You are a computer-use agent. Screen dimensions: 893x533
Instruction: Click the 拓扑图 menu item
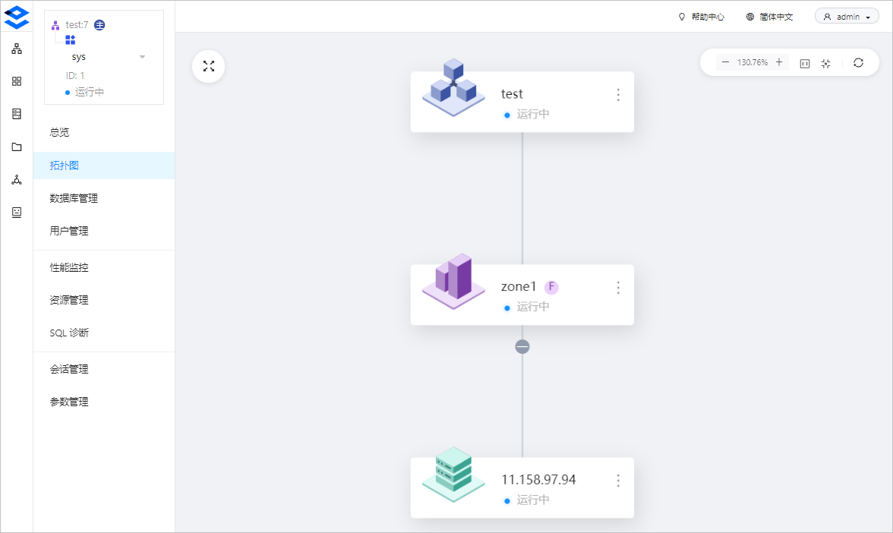tap(65, 166)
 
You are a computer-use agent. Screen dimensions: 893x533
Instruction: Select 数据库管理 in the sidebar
tap(74, 198)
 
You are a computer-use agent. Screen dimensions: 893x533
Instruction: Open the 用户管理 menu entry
tap(69, 231)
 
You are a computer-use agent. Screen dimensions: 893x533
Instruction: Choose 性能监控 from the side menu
tap(69, 267)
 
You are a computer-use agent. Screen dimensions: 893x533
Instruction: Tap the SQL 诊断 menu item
tap(69, 333)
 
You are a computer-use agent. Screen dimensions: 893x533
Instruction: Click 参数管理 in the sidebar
tap(69, 402)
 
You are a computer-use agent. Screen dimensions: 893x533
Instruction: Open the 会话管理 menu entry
tap(69, 369)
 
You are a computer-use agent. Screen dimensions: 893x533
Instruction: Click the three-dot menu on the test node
tap(618, 94)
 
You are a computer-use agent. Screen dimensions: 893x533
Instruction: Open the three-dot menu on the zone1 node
tap(618, 288)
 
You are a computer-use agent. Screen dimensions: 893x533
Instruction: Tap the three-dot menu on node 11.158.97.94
tap(618, 481)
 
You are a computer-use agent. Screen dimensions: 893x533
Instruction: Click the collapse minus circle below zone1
tap(522, 346)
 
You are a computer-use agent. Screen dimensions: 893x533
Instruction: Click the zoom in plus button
tap(779, 62)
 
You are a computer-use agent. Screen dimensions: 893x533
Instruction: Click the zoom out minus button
tap(725, 62)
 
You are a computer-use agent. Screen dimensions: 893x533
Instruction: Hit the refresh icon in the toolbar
tap(858, 62)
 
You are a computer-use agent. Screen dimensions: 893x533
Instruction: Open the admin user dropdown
tap(847, 17)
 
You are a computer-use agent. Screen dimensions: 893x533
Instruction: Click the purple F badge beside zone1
tap(551, 287)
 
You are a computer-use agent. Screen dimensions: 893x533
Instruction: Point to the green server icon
tap(453, 474)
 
